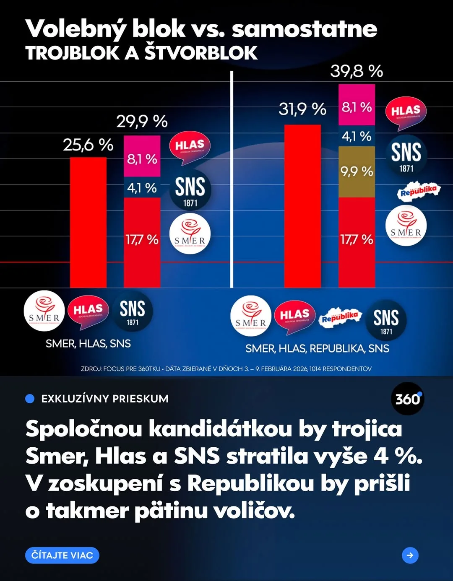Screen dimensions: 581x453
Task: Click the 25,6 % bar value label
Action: (88, 145)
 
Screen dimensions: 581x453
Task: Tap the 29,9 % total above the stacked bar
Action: (142, 122)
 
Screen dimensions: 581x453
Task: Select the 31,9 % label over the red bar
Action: (302, 109)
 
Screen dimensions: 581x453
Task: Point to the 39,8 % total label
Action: (357, 71)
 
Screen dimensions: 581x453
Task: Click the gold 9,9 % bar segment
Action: (357, 172)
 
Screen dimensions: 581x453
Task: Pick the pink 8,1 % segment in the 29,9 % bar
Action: (142, 156)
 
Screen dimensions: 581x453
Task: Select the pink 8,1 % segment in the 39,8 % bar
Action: (357, 105)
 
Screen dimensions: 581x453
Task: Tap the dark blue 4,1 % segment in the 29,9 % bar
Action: (142, 187)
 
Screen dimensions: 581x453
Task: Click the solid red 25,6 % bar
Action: (88, 222)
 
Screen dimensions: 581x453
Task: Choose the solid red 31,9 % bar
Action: (302, 205)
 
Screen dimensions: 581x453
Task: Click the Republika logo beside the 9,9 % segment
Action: (419, 191)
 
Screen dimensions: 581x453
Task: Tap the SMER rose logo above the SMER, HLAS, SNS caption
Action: (44, 311)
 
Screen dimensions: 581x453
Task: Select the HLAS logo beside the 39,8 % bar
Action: (406, 112)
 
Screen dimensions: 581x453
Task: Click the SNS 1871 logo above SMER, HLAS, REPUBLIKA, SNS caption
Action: (386, 320)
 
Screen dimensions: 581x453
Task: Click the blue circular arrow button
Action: (410, 555)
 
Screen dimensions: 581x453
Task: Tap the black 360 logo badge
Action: (407, 399)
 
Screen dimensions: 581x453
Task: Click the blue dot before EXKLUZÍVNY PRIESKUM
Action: (30, 399)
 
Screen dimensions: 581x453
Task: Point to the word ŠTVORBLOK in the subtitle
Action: (201, 53)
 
